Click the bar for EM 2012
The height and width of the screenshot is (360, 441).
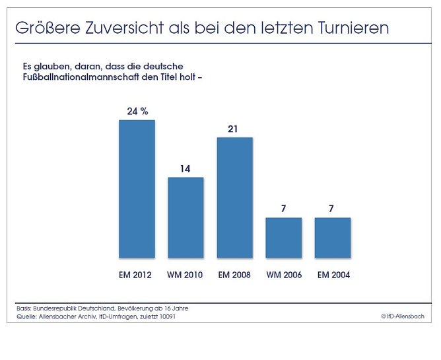[137, 189]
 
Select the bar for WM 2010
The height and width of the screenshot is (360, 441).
[186, 217]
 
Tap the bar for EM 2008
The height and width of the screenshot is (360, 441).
[234, 198]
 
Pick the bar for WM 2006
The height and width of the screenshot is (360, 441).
[283, 238]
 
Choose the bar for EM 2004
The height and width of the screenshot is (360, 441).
[333, 238]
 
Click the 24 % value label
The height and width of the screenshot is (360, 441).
[137, 112]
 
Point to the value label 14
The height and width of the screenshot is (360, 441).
[186, 169]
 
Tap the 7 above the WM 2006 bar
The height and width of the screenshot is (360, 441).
[284, 209]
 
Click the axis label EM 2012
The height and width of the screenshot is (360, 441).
[137, 275]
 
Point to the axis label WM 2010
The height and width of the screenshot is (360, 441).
[186, 275]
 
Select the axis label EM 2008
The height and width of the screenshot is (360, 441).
[234, 275]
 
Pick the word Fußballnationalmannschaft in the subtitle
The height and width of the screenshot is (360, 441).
[79, 79]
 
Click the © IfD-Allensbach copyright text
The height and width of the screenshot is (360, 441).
[402, 317]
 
